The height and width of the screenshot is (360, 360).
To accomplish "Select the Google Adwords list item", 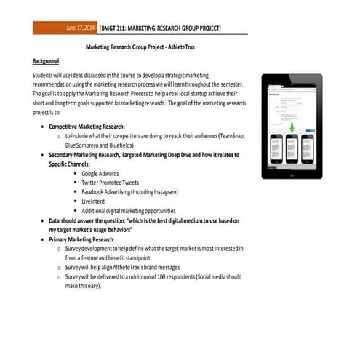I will pyautogui.click(x=100, y=174).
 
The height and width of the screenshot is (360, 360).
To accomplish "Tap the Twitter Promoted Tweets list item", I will pyautogui.click(x=111, y=183).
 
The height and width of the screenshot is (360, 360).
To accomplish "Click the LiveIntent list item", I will pyautogui.click(x=95, y=201).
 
